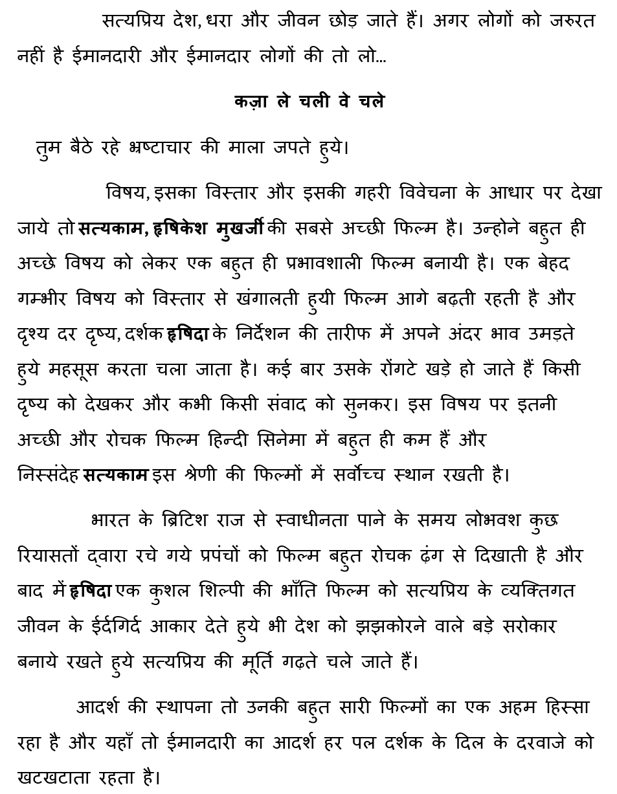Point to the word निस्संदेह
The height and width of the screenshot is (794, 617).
(48, 476)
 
